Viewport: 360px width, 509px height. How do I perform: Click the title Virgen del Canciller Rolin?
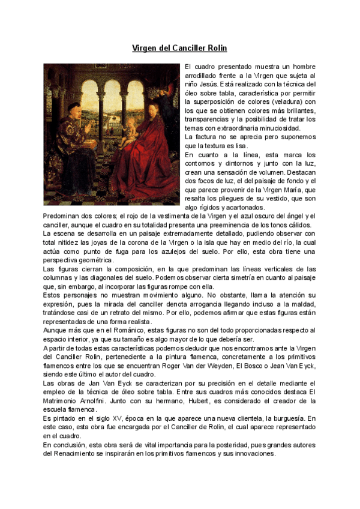point(180,47)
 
